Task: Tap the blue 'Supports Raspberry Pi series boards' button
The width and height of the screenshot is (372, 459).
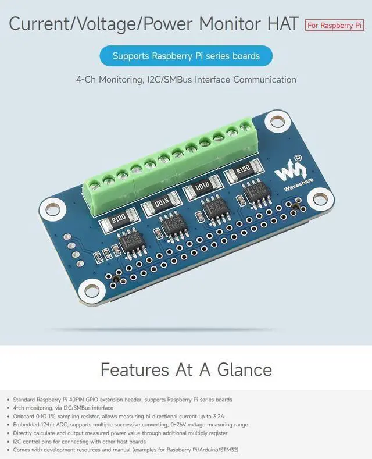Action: tap(186, 56)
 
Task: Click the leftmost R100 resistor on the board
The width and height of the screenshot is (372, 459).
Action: tap(119, 220)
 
